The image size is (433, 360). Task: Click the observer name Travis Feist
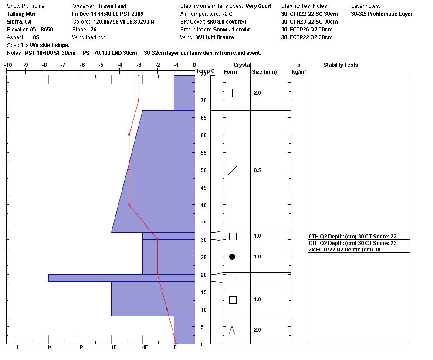[x=112, y=6]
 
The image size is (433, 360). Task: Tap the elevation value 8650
[x=47, y=30]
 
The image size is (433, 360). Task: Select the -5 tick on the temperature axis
[x=101, y=65]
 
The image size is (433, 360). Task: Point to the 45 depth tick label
[x=203, y=187]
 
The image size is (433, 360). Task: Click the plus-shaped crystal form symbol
[x=233, y=93]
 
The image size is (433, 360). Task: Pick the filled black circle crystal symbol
[x=232, y=257]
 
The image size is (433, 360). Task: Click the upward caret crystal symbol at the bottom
[x=232, y=330]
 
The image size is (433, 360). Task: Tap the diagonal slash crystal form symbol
[x=233, y=170]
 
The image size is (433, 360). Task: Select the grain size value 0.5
[x=257, y=170]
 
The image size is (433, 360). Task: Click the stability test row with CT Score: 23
[x=352, y=243]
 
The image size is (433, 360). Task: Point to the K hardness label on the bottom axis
[x=50, y=347]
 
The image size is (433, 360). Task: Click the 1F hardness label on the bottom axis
[x=114, y=347]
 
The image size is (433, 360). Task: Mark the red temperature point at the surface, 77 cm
[x=139, y=75]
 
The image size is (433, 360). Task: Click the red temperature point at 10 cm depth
[x=167, y=309]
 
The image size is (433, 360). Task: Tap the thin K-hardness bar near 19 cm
[x=87, y=278]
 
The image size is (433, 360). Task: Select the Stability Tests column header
[x=340, y=65]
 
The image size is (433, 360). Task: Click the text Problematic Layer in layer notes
[x=390, y=14]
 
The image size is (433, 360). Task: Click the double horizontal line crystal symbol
[x=233, y=278]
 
